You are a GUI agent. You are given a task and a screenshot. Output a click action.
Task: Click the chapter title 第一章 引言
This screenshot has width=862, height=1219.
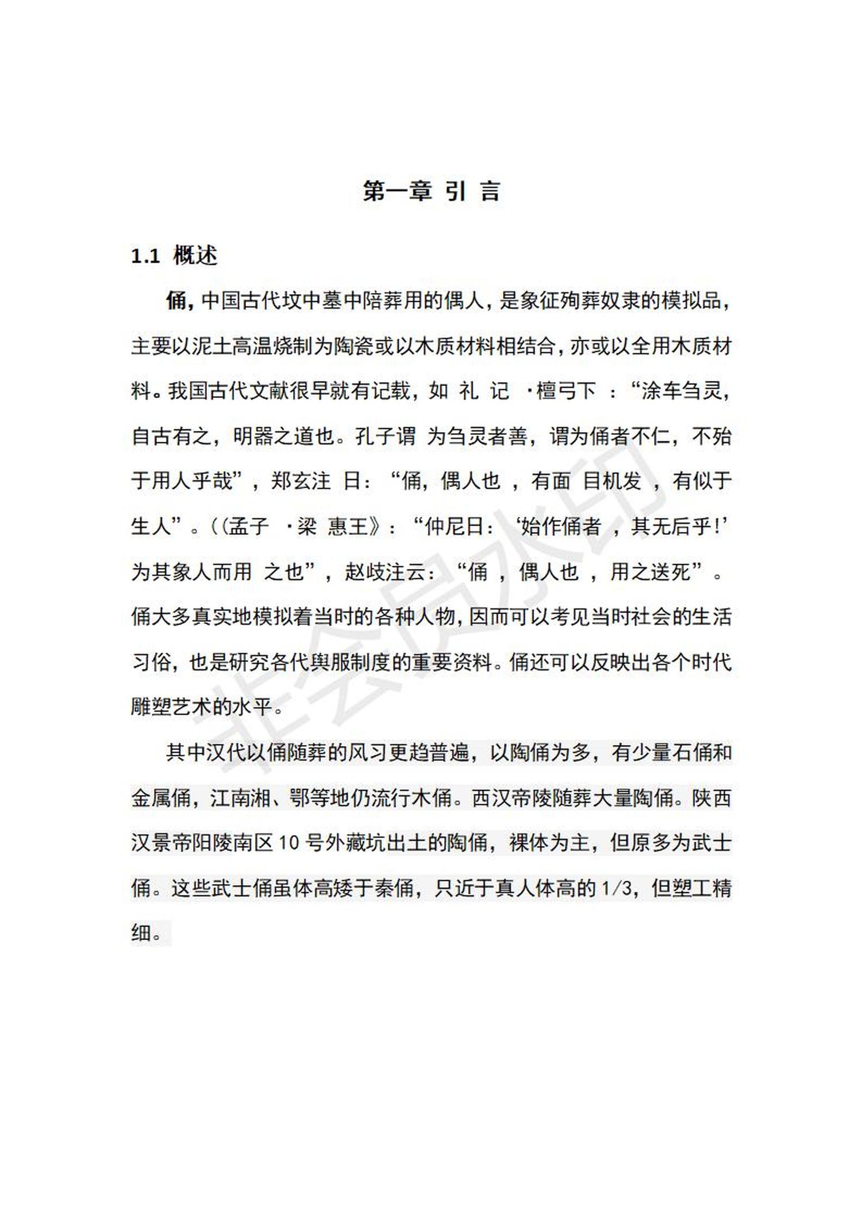click(431, 191)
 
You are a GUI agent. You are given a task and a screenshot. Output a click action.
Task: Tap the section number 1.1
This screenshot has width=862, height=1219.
click(145, 256)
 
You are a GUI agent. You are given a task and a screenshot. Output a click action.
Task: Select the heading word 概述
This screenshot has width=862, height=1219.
click(195, 256)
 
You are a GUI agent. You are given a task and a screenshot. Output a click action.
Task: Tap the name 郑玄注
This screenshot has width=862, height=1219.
click(301, 481)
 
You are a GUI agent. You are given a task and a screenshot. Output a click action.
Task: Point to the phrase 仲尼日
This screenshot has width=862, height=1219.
click(454, 526)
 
